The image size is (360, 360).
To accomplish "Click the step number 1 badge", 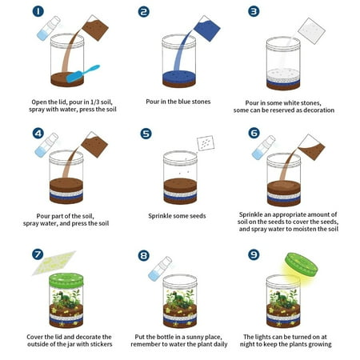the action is (x=38, y=11).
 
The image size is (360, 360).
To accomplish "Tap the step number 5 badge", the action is (x=146, y=134).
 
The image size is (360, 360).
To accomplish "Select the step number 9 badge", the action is (x=254, y=254).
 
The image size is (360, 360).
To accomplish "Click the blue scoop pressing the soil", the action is (x=82, y=74).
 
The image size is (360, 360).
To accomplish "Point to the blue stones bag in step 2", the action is (x=206, y=28).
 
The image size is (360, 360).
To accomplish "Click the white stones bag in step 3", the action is (x=311, y=31).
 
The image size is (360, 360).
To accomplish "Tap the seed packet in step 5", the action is (x=206, y=143).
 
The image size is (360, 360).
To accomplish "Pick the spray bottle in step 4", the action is (x=46, y=145).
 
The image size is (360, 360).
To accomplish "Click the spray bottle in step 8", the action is (x=160, y=269).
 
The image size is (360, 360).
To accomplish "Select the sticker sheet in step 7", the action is (x=54, y=262).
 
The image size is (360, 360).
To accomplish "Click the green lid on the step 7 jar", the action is (x=66, y=280).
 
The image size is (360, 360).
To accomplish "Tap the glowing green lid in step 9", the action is (x=302, y=264).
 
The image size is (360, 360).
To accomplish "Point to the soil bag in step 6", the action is (x=311, y=147).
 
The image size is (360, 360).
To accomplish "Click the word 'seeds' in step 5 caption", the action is (x=197, y=216).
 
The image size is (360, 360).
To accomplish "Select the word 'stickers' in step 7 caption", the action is (x=100, y=344).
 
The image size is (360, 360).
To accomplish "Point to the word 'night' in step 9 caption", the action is (x=247, y=345).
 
